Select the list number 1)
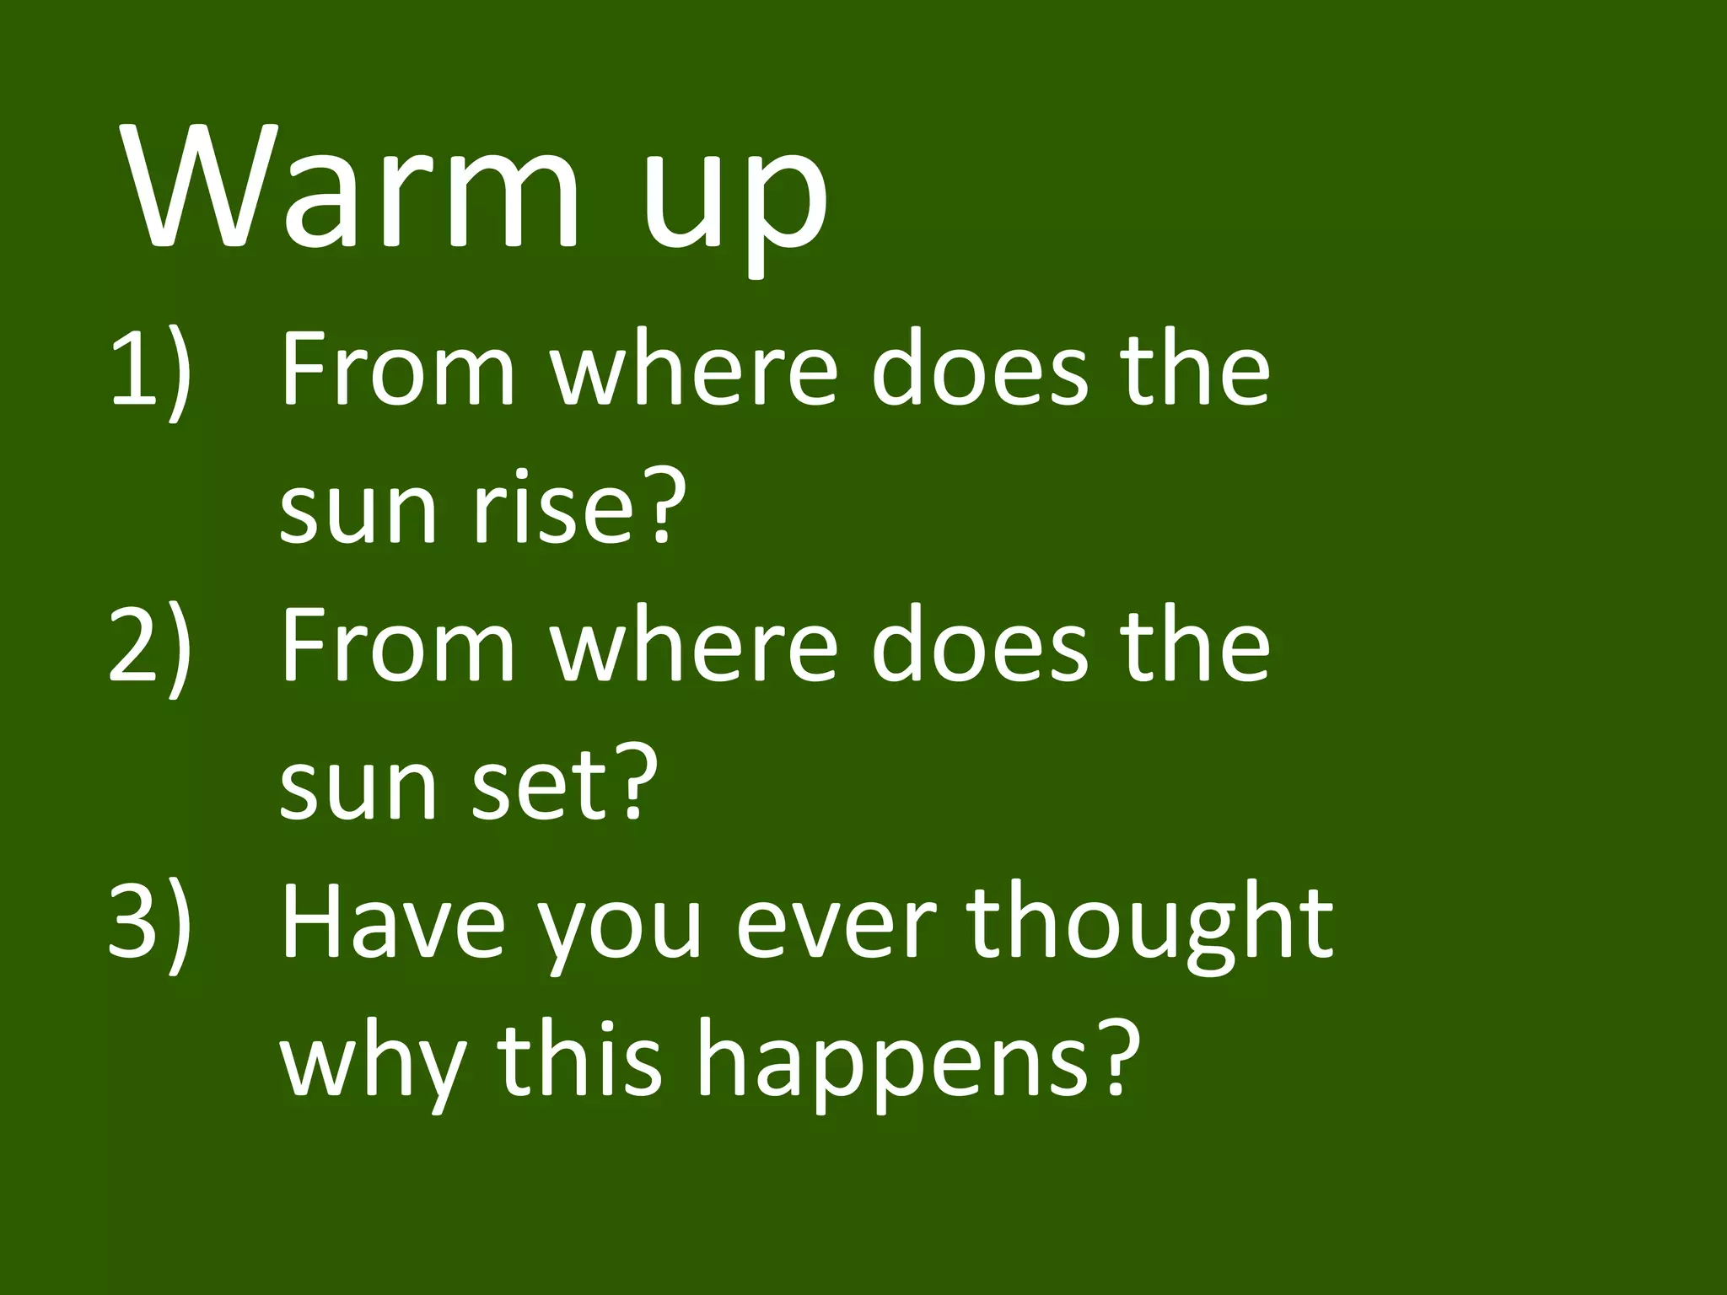point(150,371)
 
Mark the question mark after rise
point(658,506)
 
